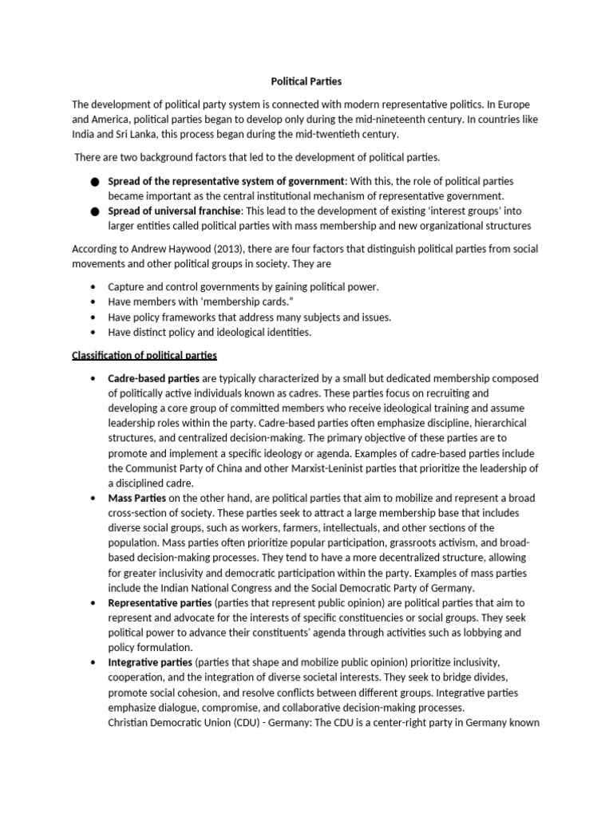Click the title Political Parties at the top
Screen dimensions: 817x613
tap(306, 81)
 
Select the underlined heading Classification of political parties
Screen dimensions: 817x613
tap(144, 354)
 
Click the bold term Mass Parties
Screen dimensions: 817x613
tap(137, 498)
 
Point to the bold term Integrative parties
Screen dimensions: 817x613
tap(149, 663)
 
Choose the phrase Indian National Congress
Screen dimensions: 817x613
tap(210, 588)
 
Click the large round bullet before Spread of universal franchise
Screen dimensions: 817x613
tap(96, 212)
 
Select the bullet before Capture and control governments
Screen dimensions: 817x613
tap(96, 286)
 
